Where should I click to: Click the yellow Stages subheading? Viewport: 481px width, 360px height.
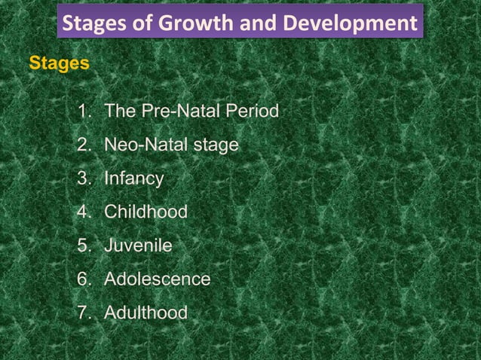pyautogui.click(x=58, y=63)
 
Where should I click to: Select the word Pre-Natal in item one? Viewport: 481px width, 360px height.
pyautogui.click(x=172, y=111)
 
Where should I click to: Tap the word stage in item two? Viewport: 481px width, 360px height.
pyautogui.click(x=216, y=145)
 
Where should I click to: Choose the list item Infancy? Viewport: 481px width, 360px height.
pyautogui.click(x=133, y=179)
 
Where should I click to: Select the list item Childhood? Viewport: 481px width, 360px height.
pyautogui.click(x=146, y=212)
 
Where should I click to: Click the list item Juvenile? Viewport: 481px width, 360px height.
pyautogui.click(x=138, y=246)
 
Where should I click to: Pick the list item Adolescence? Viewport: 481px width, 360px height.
pyautogui.click(x=157, y=279)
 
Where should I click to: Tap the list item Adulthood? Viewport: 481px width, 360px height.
pyautogui.click(x=146, y=312)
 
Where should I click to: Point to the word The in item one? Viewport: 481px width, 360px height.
pyautogui.click(x=119, y=111)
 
